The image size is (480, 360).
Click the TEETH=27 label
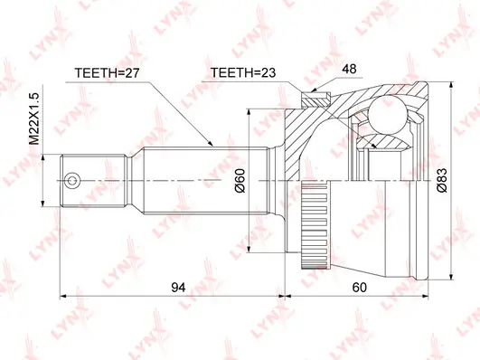click(108, 73)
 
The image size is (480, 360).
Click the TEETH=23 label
click(243, 73)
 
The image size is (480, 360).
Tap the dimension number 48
click(349, 69)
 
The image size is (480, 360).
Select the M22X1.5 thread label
click(34, 118)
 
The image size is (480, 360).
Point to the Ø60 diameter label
click(240, 181)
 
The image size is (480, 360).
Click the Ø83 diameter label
click(442, 180)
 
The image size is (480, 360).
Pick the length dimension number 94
click(178, 288)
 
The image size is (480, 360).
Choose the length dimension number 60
click(359, 288)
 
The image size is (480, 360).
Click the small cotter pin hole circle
click(72, 181)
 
